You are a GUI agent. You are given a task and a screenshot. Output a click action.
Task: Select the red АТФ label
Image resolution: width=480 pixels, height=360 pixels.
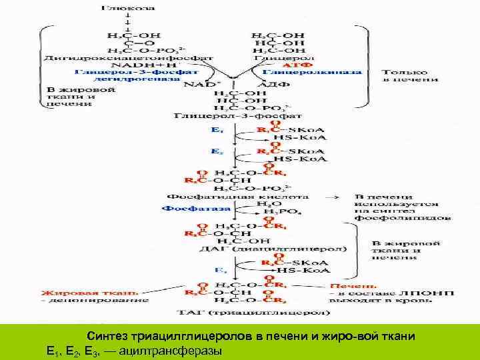coord(290,66)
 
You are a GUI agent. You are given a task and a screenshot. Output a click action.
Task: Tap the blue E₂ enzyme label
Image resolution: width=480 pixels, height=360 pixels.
coord(215,151)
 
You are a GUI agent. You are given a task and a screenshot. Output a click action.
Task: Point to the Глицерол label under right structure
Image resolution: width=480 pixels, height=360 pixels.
coord(279,59)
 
